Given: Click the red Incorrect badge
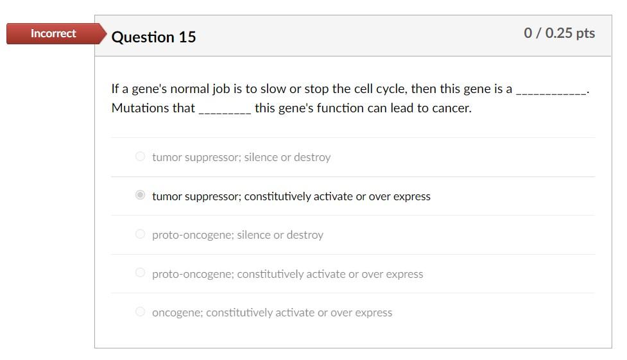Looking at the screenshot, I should (x=53, y=33).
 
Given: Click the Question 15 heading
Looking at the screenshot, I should (x=153, y=37).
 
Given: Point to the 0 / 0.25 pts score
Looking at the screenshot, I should (x=559, y=33).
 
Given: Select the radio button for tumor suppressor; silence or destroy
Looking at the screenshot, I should (x=140, y=156).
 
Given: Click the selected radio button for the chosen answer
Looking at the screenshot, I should (x=140, y=195).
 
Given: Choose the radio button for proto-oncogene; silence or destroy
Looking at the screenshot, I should (x=140, y=234).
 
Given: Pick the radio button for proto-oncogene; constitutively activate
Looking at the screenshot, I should (x=140, y=273).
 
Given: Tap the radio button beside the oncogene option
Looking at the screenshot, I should (x=140, y=312).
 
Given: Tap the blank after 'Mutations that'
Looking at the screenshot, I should (x=225, y=110).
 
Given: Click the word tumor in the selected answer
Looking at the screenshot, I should (x=167, y=196).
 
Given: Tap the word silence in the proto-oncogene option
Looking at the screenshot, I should (x=255, y=235).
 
